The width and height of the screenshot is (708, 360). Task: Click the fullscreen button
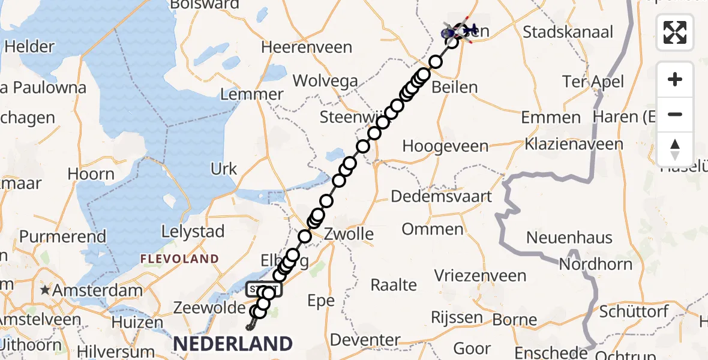click(675, 32)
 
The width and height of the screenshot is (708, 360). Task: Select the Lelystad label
click(194, 232)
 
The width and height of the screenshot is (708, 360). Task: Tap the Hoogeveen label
click(445, 146)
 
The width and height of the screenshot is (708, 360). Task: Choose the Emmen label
click(551, 117)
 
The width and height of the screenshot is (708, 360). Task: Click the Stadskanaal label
click(568, 32)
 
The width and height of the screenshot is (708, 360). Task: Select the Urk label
click(224, 169)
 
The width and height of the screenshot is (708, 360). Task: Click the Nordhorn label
click(587, 265)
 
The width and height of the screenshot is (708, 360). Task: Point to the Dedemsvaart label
click(442, 196)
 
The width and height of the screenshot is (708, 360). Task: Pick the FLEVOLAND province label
click(179, 259)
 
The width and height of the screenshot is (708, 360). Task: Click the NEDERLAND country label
click(233, 344)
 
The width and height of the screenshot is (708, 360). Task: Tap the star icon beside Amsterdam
click(45, 290)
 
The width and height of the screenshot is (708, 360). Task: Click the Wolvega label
click(325, 81)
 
